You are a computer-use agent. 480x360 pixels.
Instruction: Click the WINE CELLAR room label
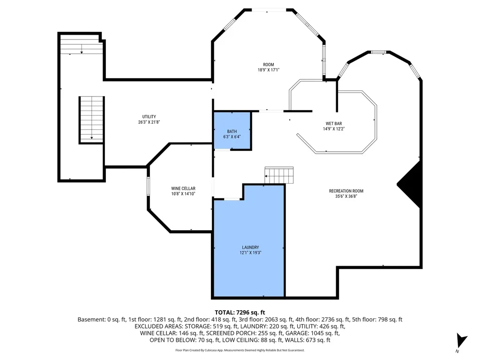coord(183,188)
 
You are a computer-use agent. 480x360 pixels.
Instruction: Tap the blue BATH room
coord(232,131)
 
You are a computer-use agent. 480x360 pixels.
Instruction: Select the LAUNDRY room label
coord(250,247)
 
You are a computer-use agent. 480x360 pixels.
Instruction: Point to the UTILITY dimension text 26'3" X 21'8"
coord(149,122)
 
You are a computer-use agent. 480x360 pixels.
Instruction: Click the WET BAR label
coord(334,124)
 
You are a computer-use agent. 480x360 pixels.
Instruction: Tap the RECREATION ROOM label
coord(346,191)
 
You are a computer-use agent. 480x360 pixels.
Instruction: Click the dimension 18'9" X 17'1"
coord(269,70)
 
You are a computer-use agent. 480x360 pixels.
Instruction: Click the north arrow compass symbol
coord(461,341)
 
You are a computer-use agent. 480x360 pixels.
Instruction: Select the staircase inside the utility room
coord(92,120)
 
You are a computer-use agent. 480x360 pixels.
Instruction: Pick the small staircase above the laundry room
coord(279,175)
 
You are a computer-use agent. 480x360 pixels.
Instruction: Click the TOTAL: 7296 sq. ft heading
coord(240,312)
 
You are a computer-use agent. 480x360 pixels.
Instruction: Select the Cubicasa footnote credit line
coord(240,350)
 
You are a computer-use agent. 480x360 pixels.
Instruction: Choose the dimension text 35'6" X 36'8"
coord(346,196)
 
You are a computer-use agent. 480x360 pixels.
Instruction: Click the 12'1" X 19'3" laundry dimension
coord(250,253)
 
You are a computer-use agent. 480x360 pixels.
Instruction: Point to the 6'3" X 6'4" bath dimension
coord(232,136)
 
